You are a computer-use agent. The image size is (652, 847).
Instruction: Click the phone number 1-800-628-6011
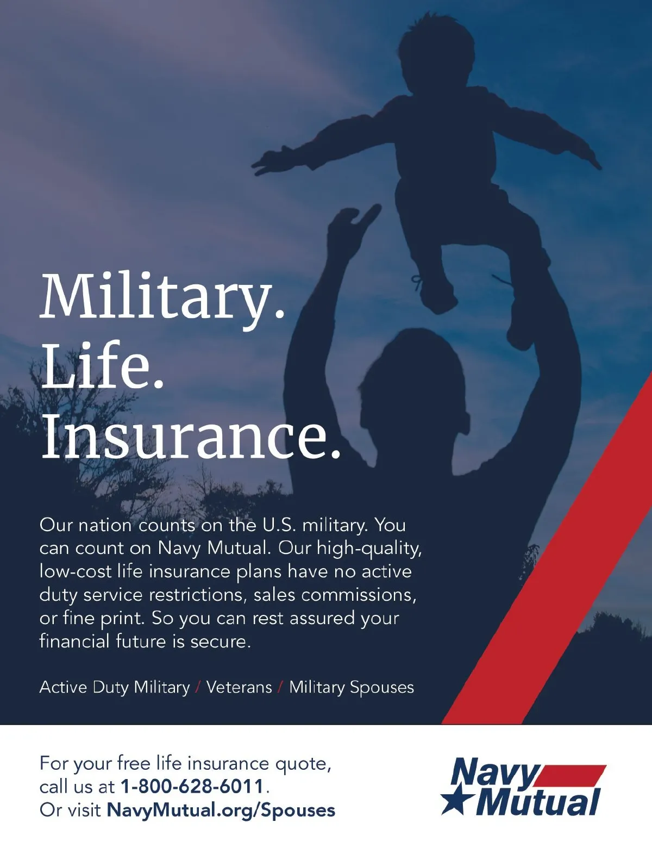[192, 786]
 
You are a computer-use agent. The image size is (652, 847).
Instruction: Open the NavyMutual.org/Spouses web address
[221, 810]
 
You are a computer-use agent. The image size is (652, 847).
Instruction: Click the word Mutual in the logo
[538, 802]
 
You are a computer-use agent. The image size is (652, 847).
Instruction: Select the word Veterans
[239, 687]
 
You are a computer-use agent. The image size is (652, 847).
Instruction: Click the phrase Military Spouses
[352, 688]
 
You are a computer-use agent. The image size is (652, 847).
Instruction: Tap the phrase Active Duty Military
[115, 688]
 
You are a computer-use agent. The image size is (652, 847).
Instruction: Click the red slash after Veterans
[280, 688]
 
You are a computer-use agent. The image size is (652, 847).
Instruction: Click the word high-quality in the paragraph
[369, 549]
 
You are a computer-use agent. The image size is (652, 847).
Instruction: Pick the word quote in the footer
[303, 764]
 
